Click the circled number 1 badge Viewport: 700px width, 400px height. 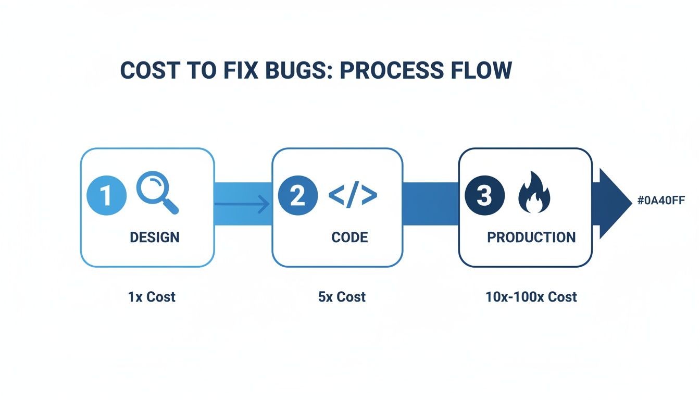pyautogui.click(x=106, y=196)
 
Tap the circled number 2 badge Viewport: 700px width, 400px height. pyautogui.click(x=297, y=196)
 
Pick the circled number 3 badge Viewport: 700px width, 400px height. pyautogui.click(x=484, y=196)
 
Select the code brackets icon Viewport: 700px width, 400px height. pyautogui.click(x=353, y=195)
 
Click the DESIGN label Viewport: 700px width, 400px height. pyautogui.click(x=154, y=238)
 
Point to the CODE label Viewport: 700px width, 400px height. pyautogui.click(x=349, y=238)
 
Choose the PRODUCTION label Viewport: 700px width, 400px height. pyautogui.click(x=531, y=238)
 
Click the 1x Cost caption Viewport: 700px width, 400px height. pyautogui.click(x=152, y=297)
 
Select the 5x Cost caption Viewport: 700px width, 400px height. pyautogui.click(x=342, y=297)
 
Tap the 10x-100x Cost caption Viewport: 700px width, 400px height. pyautogui.click(x=531, y=297)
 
